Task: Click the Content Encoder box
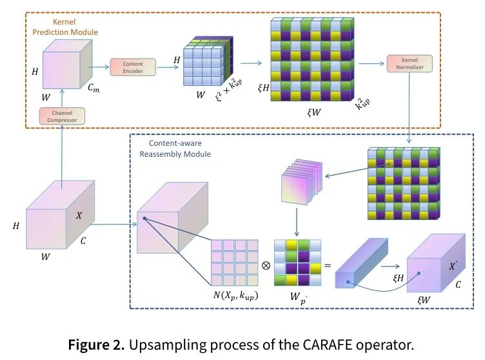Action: coord(133,67)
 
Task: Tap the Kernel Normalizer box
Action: coord(410,63)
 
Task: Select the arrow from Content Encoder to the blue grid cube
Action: coord(168,67)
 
